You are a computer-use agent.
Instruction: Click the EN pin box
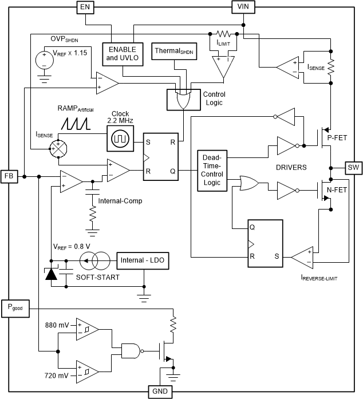[85, 7]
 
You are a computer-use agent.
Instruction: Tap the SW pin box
[353, 168]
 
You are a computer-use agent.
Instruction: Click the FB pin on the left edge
[10, 177]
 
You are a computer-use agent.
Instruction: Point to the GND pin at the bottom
[157, 392]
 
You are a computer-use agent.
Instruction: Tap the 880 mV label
[57, 325]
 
